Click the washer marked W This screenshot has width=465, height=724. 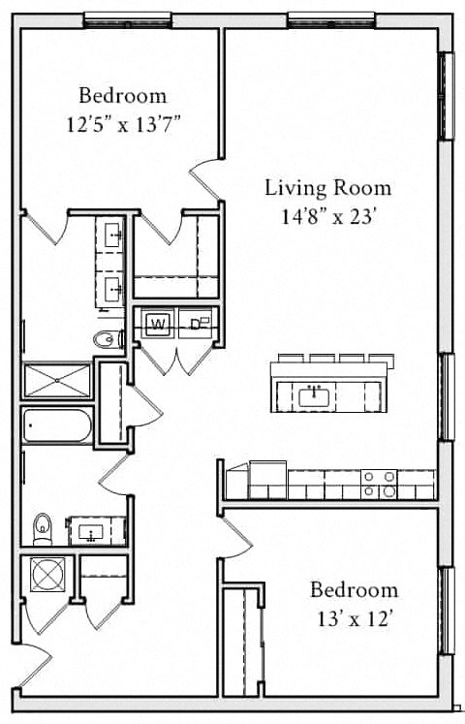tap(157, 324)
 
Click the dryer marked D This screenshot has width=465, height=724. tap(199, 324)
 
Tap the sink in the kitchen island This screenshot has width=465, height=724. tap(312, 394)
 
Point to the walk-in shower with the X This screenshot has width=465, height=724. tap(57, 381)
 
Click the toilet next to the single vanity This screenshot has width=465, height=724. tap(42, 529)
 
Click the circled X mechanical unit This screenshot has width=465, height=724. tap(46, 574)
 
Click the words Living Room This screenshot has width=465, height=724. tap(328, 187)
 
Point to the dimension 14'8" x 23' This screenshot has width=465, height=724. tap(328, 216)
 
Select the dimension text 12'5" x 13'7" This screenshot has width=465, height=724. tap(122, 123)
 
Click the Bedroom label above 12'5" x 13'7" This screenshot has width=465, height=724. tap(122, 96)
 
